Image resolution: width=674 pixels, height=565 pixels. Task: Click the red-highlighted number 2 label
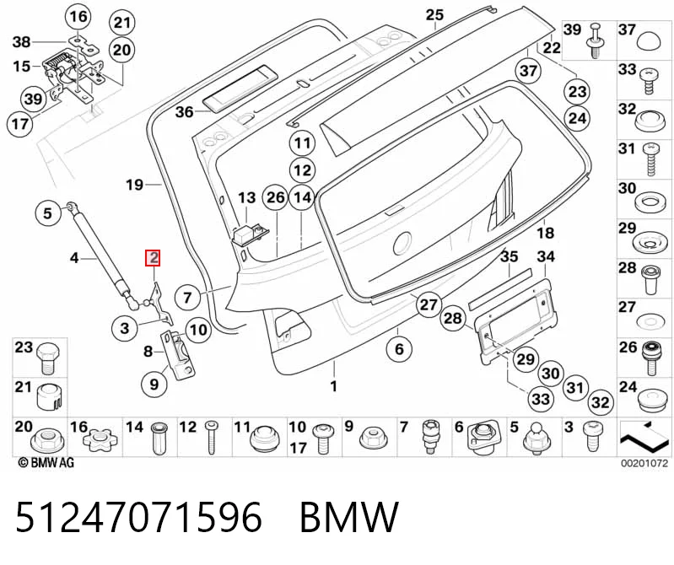(x=153, y=258)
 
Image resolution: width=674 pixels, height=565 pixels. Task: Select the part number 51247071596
(x=138, y=517)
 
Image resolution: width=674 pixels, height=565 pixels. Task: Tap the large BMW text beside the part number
(x=349, y=517)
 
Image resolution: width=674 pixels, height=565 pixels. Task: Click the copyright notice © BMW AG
(x=46, y=463)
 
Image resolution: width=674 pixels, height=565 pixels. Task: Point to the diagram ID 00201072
(x=644, y=464)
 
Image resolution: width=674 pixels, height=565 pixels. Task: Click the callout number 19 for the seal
(x=134, y=185)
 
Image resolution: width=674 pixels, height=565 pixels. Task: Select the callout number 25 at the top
(x=434, y=15)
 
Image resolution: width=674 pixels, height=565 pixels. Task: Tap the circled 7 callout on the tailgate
(x=187, y=298)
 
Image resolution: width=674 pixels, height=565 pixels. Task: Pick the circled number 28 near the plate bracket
(x=453, y=319)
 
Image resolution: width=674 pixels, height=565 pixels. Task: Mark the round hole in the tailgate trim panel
(x=402, y=244)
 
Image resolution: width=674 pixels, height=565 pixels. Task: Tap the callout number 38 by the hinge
(x=21, y=42)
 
